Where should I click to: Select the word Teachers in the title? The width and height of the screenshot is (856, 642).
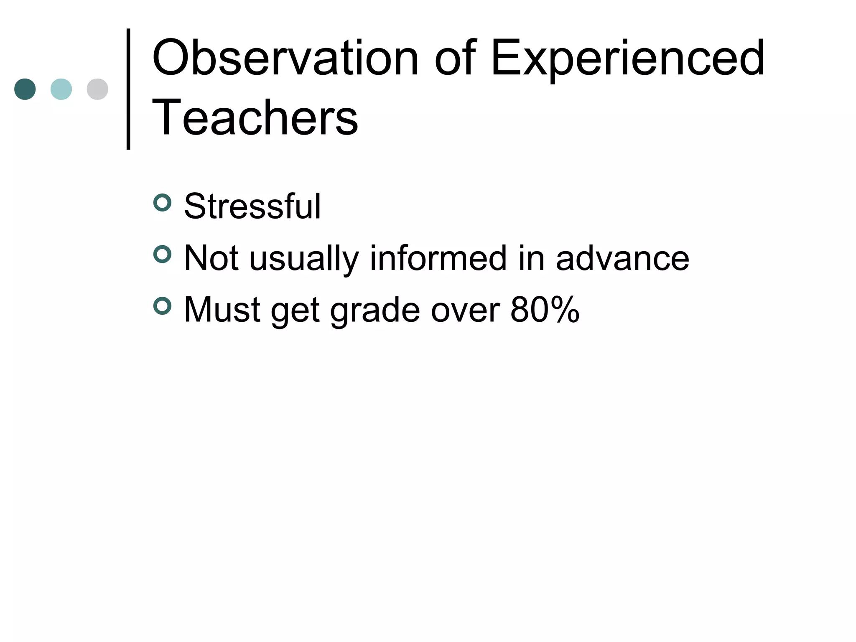coord(255,117)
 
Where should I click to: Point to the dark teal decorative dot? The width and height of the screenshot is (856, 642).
coord(25,89)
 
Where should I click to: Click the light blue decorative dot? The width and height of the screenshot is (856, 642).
coord(61,89)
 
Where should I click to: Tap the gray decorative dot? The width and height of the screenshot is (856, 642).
coord(97,89)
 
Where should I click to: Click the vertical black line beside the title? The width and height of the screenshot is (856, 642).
coord(128,89)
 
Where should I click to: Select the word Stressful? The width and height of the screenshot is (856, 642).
coord(252,206)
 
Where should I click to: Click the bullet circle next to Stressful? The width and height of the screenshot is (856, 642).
coord(162,203)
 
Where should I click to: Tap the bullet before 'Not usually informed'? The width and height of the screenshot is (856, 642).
coord(162,255)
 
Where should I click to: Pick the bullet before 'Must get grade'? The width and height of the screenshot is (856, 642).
coord(162,306)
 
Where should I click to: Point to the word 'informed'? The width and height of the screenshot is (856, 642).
coord(438,258)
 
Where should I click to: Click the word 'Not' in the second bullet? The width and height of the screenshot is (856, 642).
coord(211,258)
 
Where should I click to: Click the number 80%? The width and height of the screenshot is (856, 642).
coord(545,310)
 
